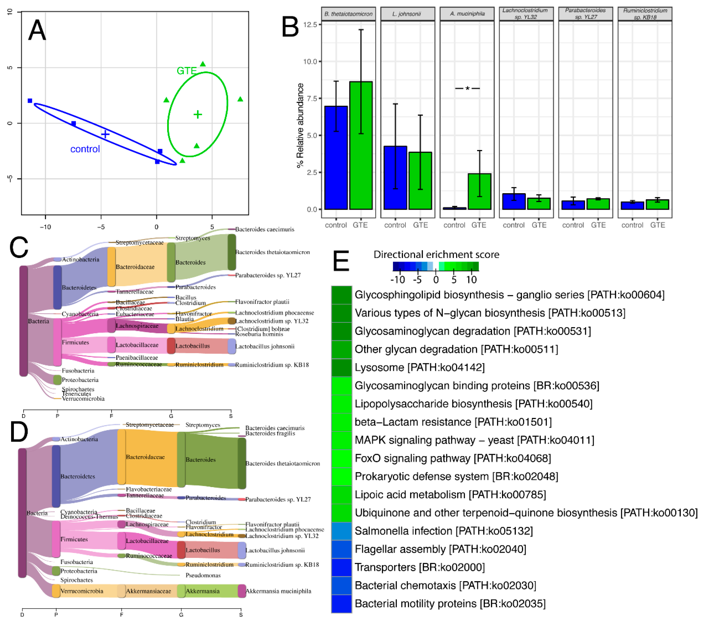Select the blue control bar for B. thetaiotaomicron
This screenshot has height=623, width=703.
[x=336, y=158]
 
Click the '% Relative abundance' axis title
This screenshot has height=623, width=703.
[x=300, y=126]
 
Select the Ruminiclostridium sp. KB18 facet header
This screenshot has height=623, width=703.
[x=645, y=14]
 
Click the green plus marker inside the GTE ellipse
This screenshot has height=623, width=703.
[x=197, y=114]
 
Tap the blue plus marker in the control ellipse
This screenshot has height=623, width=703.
[x=105, y=134]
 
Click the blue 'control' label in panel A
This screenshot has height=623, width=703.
[x=85, y=149]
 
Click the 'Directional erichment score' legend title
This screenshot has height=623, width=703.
[x=436, y=255]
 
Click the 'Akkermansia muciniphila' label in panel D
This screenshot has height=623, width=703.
[x=278, y=591]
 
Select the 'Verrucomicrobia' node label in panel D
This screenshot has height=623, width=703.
[x=82, y=591]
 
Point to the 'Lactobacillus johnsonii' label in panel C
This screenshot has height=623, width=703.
[x=265, y=347]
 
